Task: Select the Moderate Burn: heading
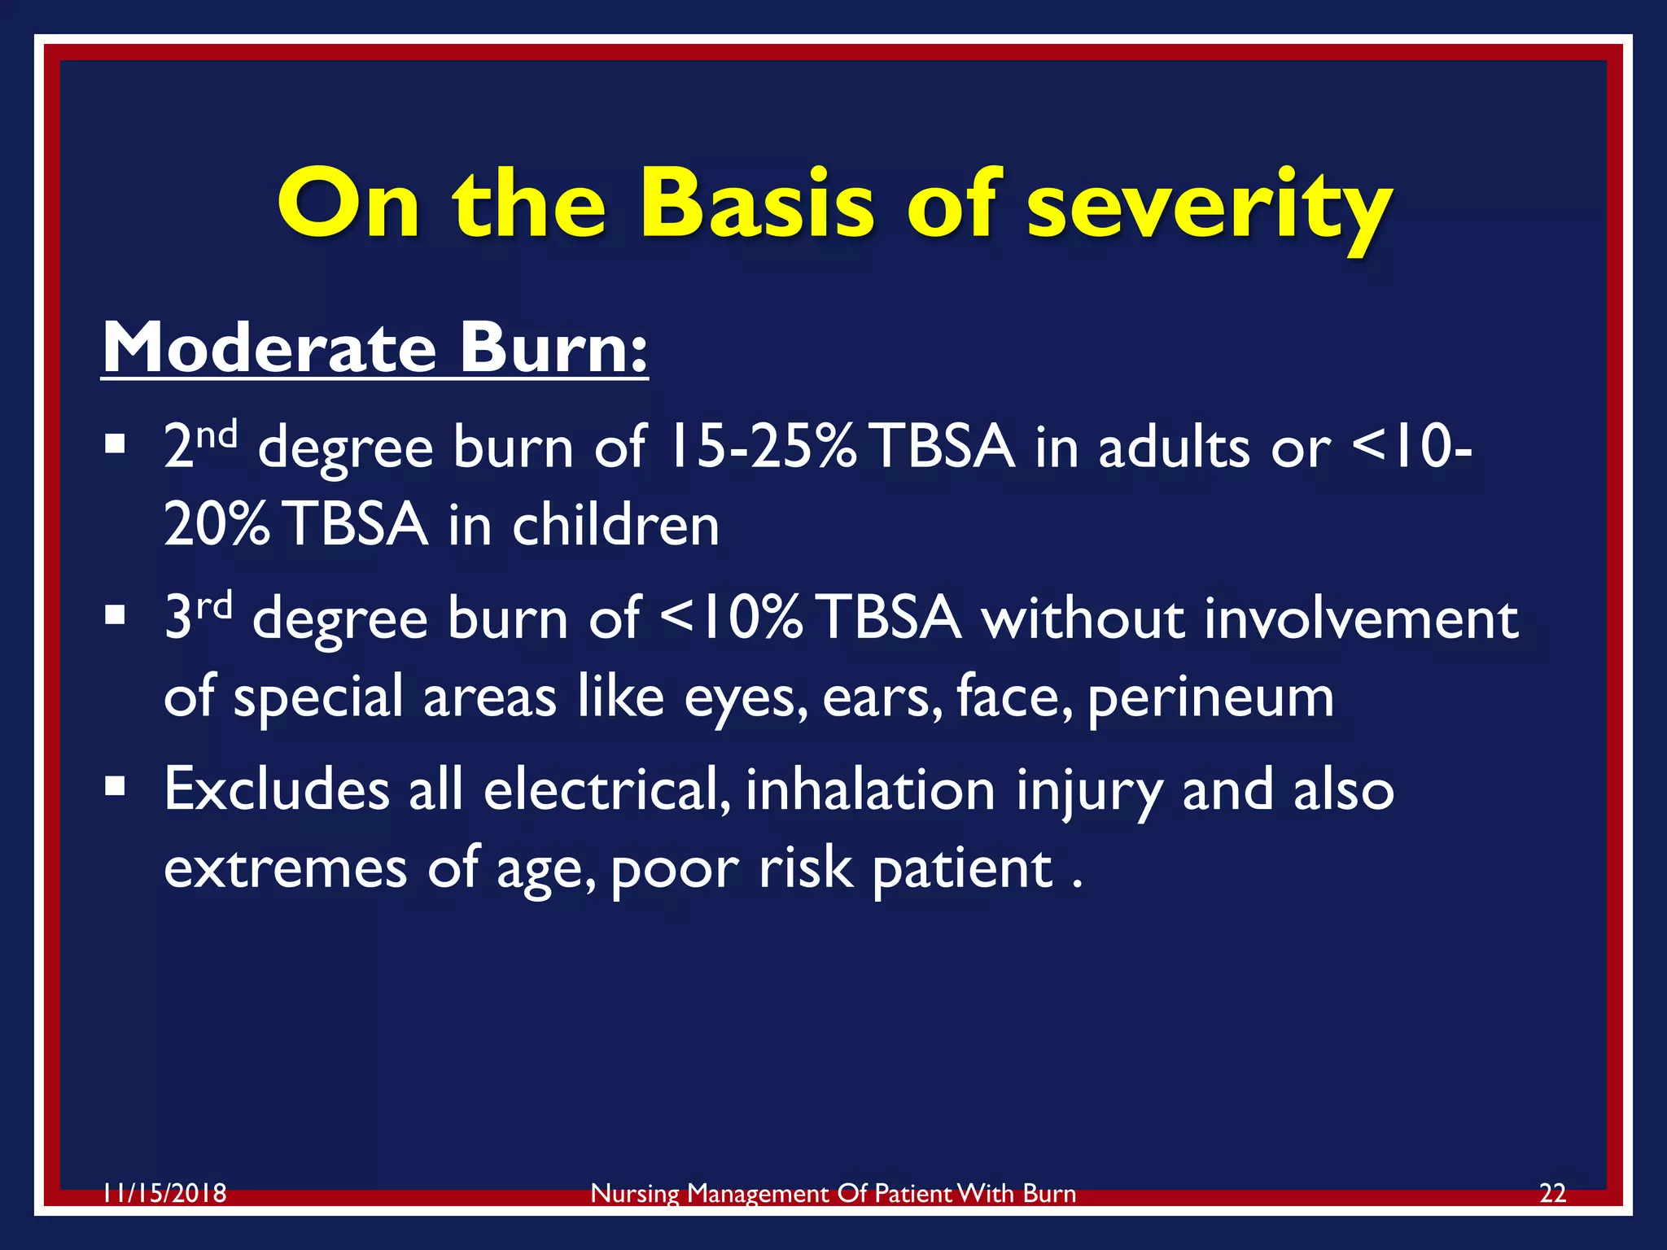pyautogui.click(x=374, y=348)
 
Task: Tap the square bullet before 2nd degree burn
pyautogui.click(x=115, y=444)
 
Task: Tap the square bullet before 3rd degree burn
pyautogui.click(x=115, y=615)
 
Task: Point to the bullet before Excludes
pyautogui.click(x=115, y=786)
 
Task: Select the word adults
pyautogui.click(x=1173, y=448)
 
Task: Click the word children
pyautogui.click(x=615, y=525)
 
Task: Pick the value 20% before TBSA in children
pyautogui.click(x=217, y=525)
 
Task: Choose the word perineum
pyautogui.click(x=1210, y=698)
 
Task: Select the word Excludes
pyautogui.click(x=277, y=789)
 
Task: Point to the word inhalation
pyautogui.click(x=870, y=789)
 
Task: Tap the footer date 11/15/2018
pyautogui.click(x=164, y=1194)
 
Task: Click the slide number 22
pyautogui.click(x=1552, y=1194)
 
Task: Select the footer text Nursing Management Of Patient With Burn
pyautogui.click(x=833, y=1194)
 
